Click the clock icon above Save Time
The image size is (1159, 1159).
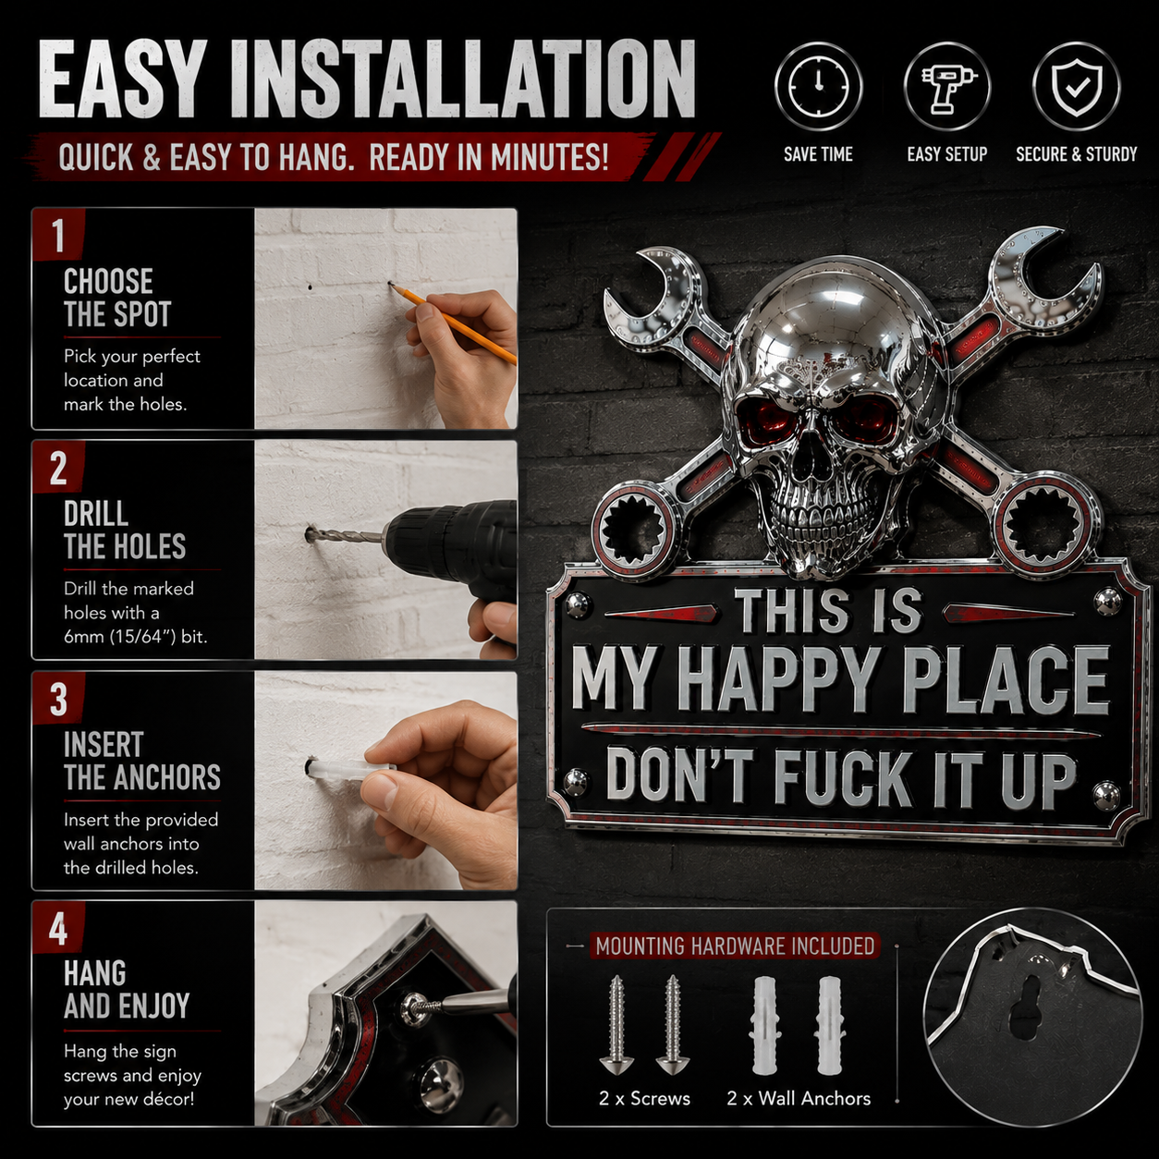pyautogui.click(x=818, y=86)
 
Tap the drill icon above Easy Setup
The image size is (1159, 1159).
pyautogui.click(x=946, y=86)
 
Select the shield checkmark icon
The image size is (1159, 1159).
pyautogui.click(x=1077, y=86)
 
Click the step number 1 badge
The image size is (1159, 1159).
pyautogui.click(x=59, y=235)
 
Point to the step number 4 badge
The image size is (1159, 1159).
pyautogui.click(x=59, y=928)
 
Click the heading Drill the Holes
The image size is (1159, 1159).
pyautogui.click(x=125, y=530)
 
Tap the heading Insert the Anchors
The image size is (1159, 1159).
pyautogui.click(x=142, y=761)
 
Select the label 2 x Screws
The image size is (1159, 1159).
pyautogui.click(x=644, y=1099)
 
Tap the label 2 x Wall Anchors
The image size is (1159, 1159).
pyautogui.click(x=799, y=1099)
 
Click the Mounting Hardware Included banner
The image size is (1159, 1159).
pyautogui.click(x=735, y=946)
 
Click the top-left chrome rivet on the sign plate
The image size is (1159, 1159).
pyautogui.click(x=578, y=604)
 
